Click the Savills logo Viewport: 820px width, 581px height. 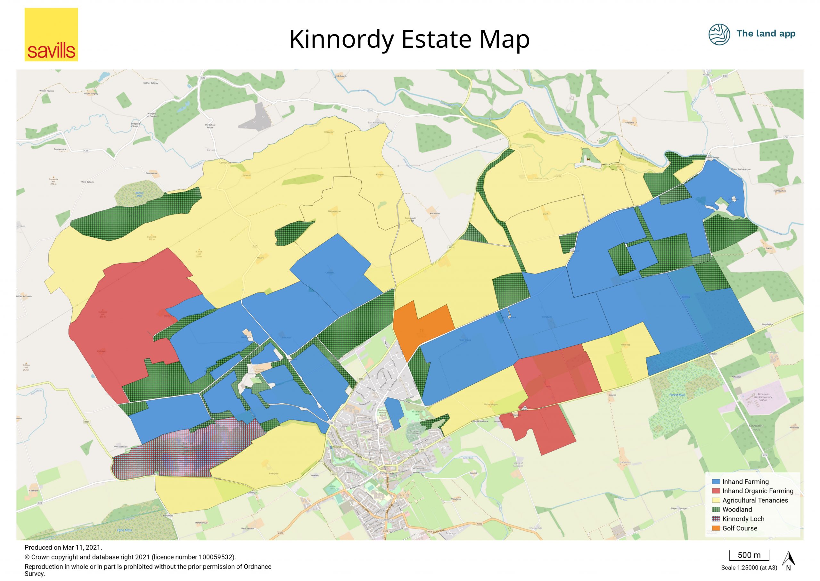51,35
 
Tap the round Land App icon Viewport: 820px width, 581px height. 719,34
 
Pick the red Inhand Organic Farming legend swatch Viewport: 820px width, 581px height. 716,491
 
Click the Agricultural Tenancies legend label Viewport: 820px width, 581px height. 755,501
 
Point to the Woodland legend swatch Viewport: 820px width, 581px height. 716,510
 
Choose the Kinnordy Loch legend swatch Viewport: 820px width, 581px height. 716,519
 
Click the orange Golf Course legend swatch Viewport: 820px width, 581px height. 716,528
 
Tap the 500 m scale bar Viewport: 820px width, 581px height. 749,556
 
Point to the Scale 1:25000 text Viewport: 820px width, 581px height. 749,568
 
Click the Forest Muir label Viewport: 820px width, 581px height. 677,395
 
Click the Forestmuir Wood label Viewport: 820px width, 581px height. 756,428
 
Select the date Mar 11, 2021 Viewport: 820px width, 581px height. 82,547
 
